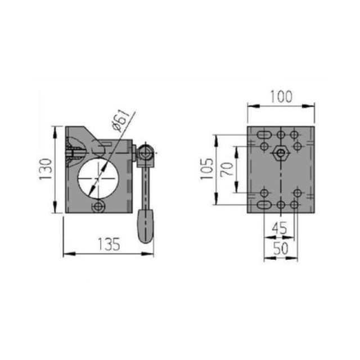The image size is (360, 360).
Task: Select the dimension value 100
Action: [x=281, y=96]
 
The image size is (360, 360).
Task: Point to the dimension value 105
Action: [x=207, y=169]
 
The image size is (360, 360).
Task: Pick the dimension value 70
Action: [x=227, y=169]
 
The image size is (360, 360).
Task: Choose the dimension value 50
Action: [x=281, y=248]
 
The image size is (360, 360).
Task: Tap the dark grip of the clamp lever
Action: [x=145, y=225]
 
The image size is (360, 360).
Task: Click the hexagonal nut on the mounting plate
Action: [x=281, y=153]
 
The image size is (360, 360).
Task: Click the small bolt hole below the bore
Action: [x=100, y=207]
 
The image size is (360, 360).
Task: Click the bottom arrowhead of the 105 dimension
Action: [x=216, y=202]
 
